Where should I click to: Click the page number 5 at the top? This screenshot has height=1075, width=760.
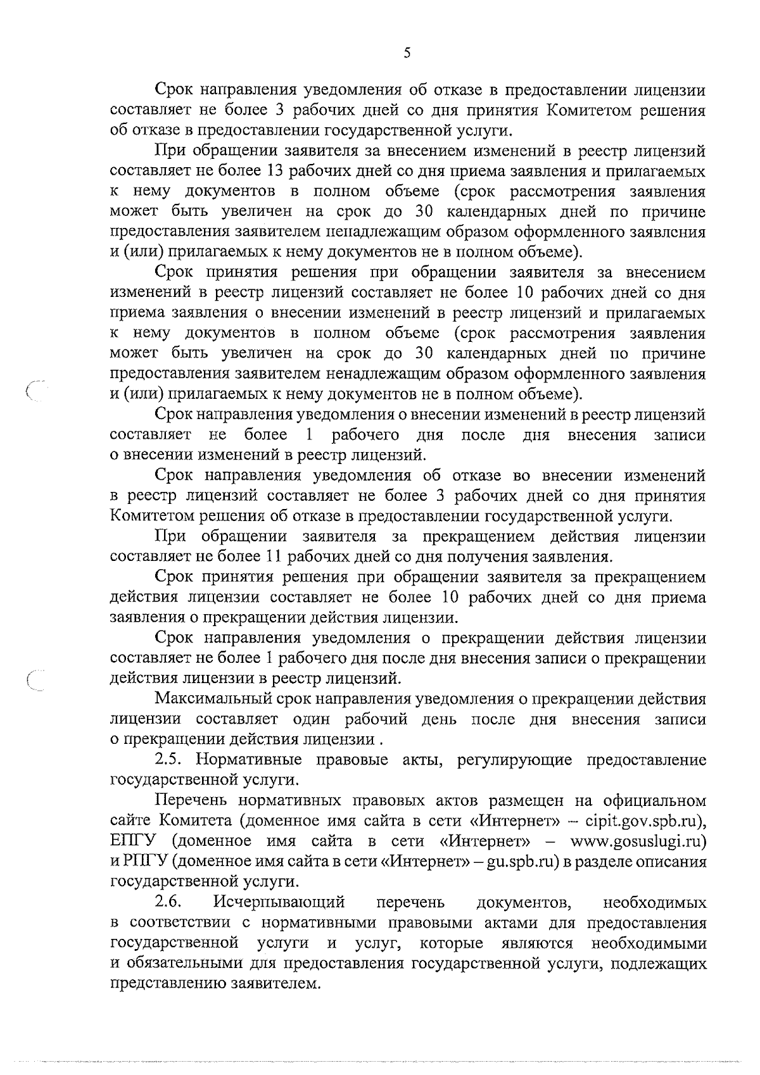click(x=407, y=53)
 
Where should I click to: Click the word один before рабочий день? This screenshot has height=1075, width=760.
click(x=314, y=720)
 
